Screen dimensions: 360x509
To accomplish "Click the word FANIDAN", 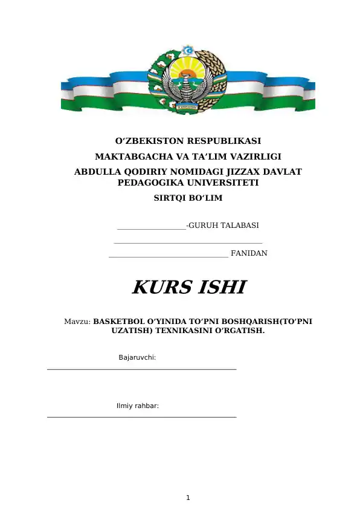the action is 249,253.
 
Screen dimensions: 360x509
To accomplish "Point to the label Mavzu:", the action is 77,322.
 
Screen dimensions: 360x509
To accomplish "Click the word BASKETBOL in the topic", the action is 120,322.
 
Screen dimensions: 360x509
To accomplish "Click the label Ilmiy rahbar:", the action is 137,406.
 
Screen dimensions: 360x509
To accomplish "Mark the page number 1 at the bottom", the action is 188,498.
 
